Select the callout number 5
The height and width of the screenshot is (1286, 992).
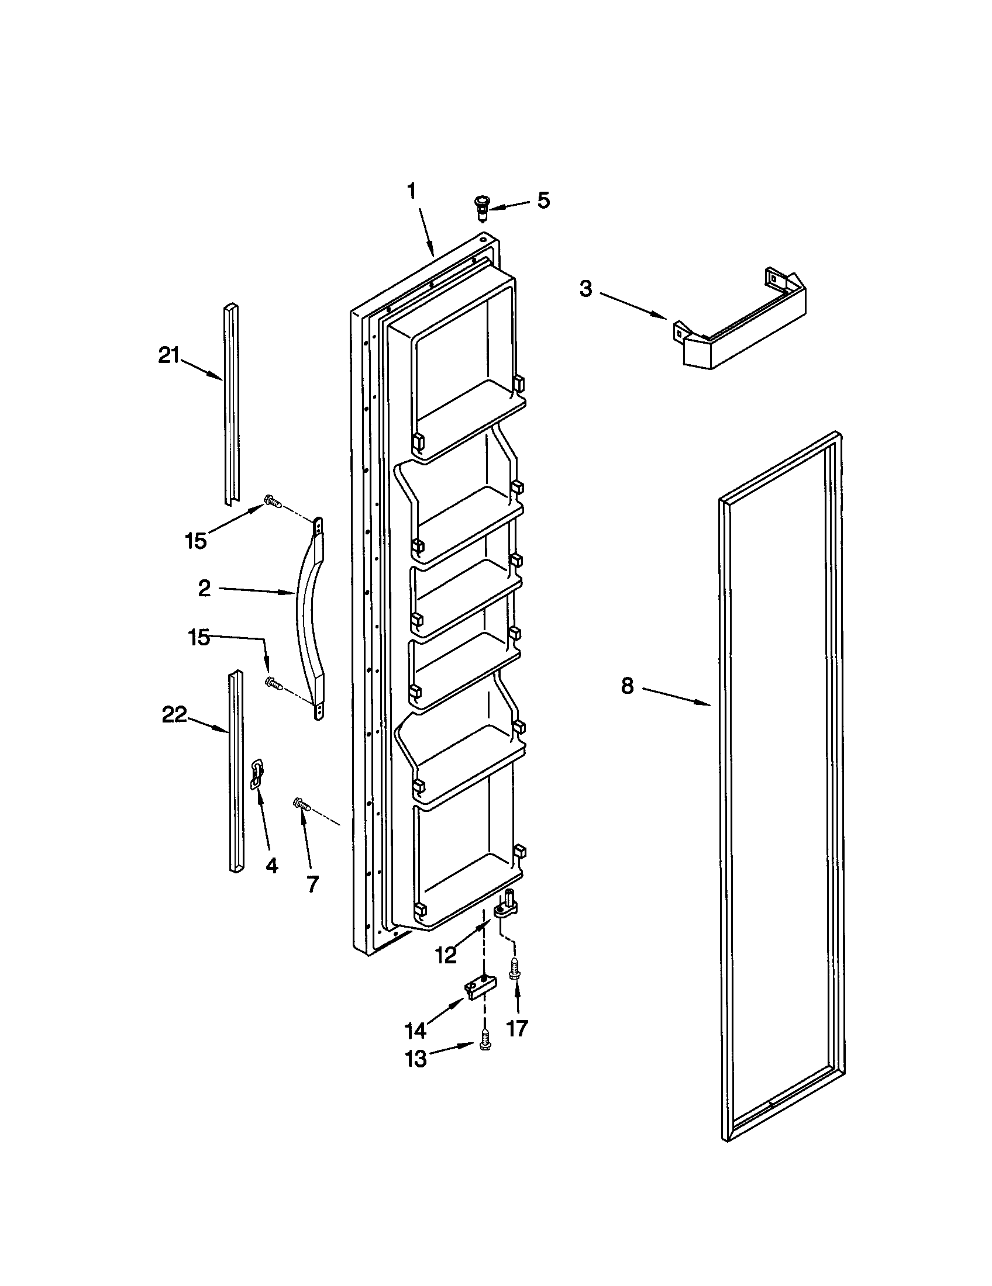point(543,200)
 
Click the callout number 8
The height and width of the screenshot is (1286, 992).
point(628,686)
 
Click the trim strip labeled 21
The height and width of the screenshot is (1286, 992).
point(231,406)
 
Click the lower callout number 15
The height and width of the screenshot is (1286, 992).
point(198,637)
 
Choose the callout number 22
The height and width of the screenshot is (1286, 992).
point(174,715)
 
